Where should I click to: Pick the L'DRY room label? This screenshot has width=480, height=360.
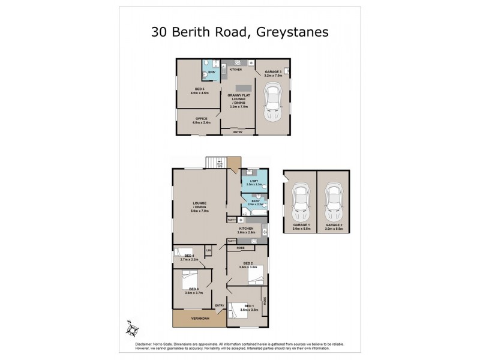point(254,181)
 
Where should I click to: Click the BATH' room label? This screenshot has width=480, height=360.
point(254,202)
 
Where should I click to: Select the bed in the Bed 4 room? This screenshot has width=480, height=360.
point(182,256)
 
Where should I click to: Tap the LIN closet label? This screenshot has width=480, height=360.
point(209,250)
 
